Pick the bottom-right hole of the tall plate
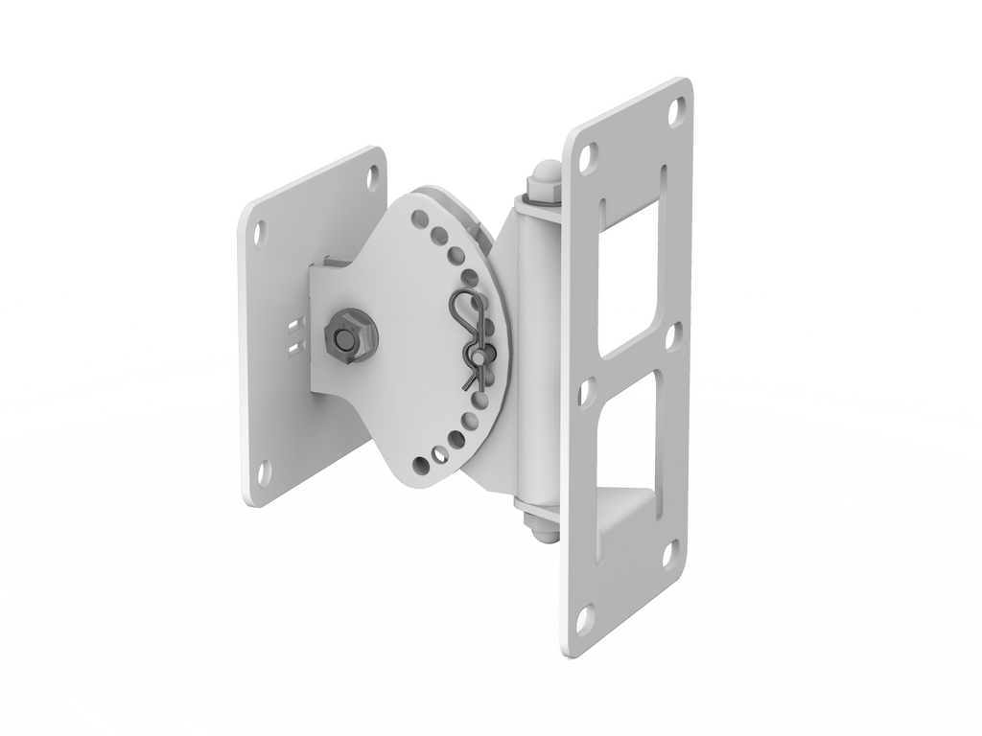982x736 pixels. coord(666,553)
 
